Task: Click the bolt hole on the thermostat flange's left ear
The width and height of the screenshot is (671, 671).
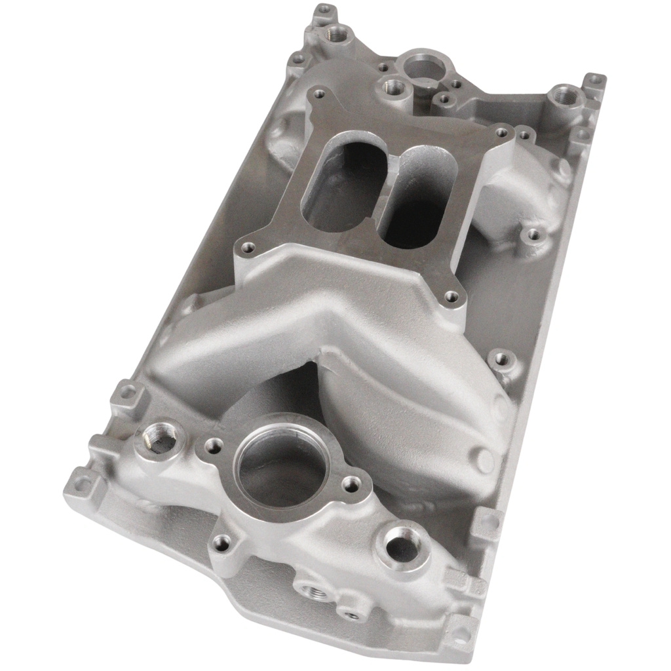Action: click(213, 446)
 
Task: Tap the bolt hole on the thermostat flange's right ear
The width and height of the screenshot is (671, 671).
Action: click(351, 485)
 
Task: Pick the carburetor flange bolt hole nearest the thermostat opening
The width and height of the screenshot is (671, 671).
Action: click(248, 248)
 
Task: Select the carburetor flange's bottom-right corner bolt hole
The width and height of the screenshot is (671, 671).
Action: click(451, 296)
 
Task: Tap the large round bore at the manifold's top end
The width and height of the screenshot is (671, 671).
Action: click(425, 66)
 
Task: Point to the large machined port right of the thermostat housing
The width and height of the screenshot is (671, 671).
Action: click(401, 545)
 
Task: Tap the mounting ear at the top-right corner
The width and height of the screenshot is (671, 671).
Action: click(594, 81)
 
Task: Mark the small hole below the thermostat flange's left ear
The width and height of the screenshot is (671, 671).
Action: click(223, 543)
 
